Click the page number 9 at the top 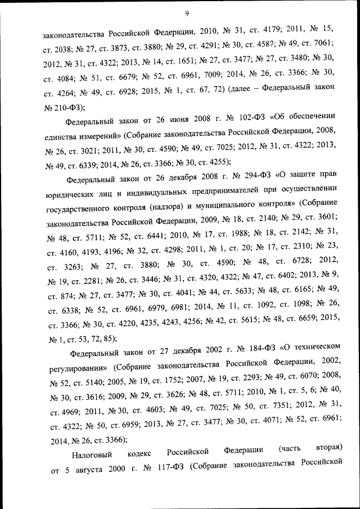coord(186,13)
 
